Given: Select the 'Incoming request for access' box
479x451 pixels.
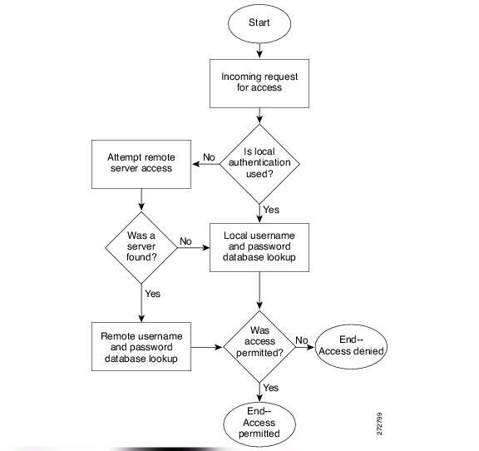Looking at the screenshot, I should click(x=260, y=82).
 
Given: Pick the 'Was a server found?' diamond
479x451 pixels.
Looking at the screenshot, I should click(x=141, y=246).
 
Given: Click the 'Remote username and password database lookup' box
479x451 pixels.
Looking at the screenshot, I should click(x=141, y=344).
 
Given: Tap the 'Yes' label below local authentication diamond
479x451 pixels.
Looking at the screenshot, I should click(x=272, y=209).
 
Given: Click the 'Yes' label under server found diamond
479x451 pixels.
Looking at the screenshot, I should click(x=153, y=293).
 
